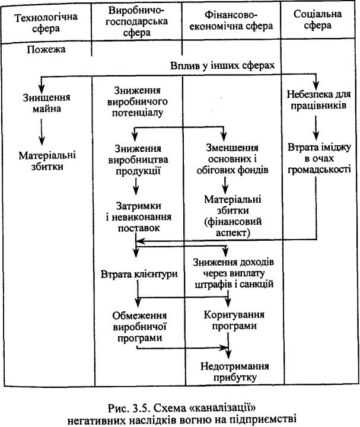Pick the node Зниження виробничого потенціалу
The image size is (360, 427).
click(136, 101)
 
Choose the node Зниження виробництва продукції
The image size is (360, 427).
click(136, 161)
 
